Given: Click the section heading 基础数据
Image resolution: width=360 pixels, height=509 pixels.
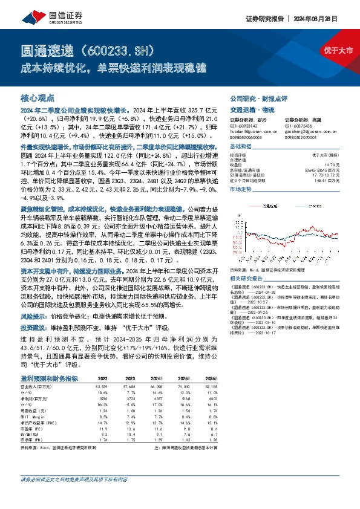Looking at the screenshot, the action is coord(241,147).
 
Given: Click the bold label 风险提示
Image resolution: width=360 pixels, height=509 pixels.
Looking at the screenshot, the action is coord(35,316).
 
